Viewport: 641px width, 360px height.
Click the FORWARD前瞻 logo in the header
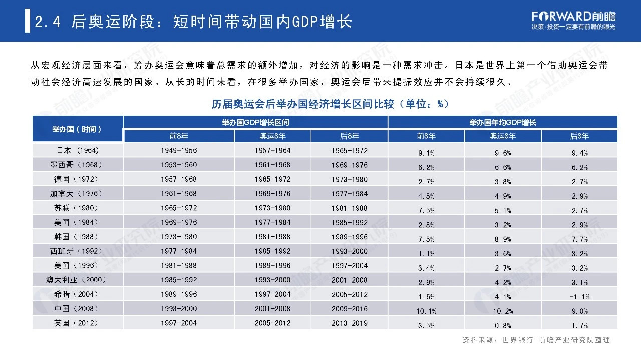(573, 16)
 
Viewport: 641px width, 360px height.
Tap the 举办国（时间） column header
(77, 129)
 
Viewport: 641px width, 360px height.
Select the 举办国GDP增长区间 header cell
(255, 122)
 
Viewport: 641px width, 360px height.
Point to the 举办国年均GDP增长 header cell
(502, 122)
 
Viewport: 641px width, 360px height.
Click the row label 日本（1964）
(77, 151)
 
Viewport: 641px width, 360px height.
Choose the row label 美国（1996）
(77, 266)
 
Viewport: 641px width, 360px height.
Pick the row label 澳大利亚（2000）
(77, 280)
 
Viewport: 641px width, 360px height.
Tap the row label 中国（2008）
(77, 309)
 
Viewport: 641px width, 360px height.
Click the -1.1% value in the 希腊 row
(579, 297)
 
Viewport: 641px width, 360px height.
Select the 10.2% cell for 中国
(502, 311)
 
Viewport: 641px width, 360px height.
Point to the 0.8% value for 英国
(502, 325)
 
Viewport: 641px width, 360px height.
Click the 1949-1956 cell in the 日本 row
(179, 151)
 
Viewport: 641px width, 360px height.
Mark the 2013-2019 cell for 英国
(349, 323)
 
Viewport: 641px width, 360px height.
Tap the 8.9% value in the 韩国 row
(502, 239)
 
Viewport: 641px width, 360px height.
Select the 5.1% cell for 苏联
(502, 211)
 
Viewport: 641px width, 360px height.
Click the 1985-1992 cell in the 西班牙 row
(272, 251)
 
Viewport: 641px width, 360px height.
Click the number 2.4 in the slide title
(48, 22)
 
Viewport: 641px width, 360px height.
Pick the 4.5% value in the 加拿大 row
(426, 196)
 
